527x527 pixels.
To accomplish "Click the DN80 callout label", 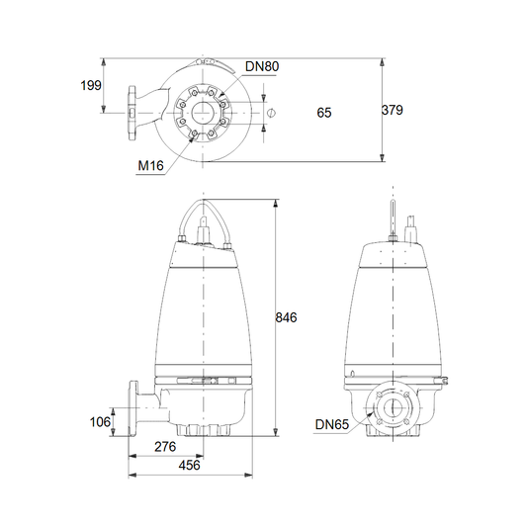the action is pos(262,66).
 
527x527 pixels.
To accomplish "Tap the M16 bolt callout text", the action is pos(151,165).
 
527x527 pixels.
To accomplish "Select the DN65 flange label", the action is pos(332,424).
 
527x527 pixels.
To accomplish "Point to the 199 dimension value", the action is pos(91,85).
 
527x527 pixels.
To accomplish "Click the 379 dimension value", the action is pos(393,110).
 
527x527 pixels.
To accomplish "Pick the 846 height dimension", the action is pos(286,317).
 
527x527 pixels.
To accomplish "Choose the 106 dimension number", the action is pos(100,422).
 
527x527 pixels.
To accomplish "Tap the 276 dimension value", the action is pos(165,446).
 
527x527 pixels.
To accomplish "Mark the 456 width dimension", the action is pos(189,465).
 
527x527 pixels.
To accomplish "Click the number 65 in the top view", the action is pos(324,113).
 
